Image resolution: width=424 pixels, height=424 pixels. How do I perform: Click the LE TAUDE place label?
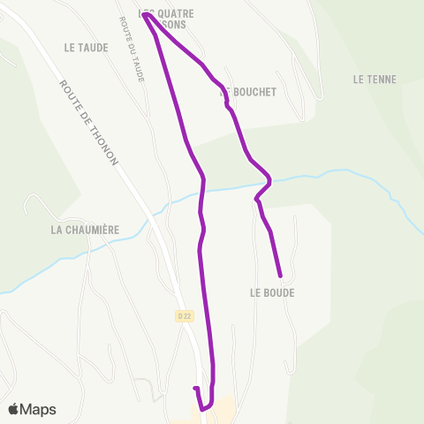pyautogui.click(x=87, y=48)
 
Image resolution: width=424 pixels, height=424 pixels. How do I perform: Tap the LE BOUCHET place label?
pyautogui.click(x=248, y=92)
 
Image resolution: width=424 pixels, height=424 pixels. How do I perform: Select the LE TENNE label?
pyautogui.click(x=374, y=79)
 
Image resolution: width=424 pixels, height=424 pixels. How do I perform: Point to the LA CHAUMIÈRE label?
pyautogui.click(x=85, y=230)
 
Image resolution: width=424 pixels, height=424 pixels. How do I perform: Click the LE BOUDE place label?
pyautogui.click(x=272, y=292)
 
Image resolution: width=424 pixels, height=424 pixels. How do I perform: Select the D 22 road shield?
pyautogui.click(x=183, y=314)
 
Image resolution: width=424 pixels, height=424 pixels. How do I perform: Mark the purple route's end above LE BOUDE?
pyautogui.click(x=280, y=275)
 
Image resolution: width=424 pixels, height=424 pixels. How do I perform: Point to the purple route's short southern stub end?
pyautogui.click(x=193, y=388)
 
